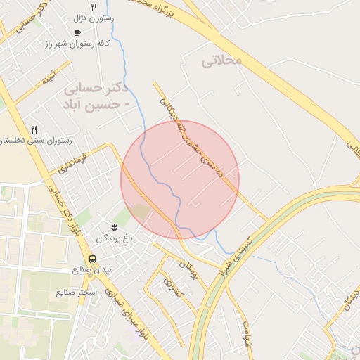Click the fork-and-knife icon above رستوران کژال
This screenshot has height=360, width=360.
pos(94,7)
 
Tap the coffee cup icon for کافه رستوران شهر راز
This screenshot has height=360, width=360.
pos(77,32)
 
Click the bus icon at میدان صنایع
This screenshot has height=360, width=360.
pos(94,258)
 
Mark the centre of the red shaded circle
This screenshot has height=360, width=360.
pos(180,179)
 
